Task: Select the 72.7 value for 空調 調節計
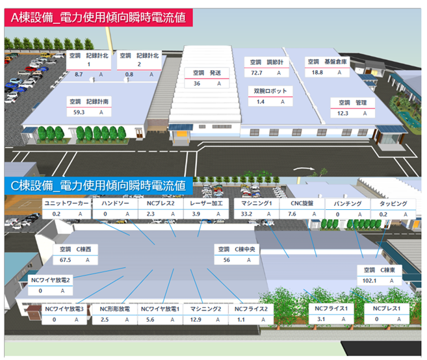pos(257,73)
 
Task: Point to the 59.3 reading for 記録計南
pos(80,112)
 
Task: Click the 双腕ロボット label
pos(270,91)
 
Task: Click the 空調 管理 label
pos(354,103)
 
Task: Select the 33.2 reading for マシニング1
pos(246,214)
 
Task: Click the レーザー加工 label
pos(207,203)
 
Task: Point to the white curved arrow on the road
pos(302,170)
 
